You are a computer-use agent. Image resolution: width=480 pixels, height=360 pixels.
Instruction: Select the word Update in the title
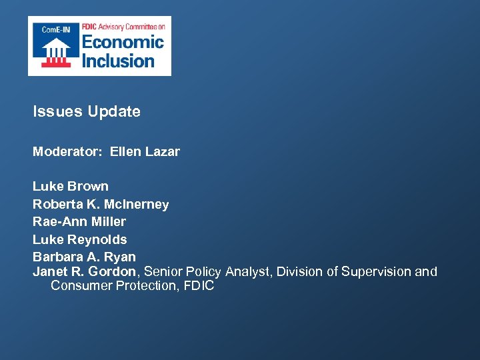[x=114, y=112]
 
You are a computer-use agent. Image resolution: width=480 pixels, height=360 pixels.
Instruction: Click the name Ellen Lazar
[x=145, y=152]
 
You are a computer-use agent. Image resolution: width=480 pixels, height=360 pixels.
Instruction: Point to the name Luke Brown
[x=71, y=187]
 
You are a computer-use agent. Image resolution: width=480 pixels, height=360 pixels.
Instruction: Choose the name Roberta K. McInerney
[x=101, y=205]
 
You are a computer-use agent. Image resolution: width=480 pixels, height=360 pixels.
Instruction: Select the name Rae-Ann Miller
[x=79, y=222]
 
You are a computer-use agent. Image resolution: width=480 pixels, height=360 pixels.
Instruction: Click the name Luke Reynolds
[x=80, y=239]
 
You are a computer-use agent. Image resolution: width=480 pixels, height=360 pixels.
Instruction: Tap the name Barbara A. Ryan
[x=84, y=257]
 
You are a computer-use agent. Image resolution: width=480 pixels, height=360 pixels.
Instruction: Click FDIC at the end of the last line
[x=200, y=286]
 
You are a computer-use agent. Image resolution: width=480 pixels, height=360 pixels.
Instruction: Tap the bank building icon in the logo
[x=56, y=51]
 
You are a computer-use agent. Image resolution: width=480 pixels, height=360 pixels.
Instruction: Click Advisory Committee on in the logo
[x=132, y=26]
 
